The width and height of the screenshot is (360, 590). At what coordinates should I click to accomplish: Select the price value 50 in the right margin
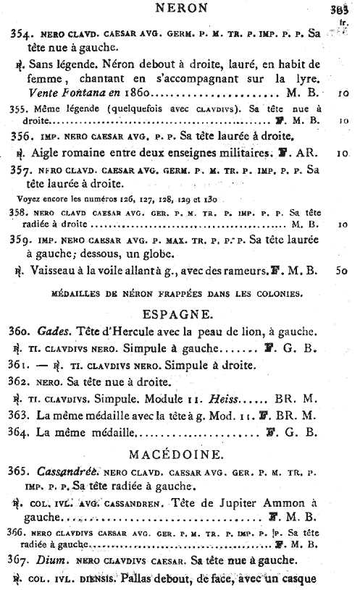[x=343, y=271]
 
